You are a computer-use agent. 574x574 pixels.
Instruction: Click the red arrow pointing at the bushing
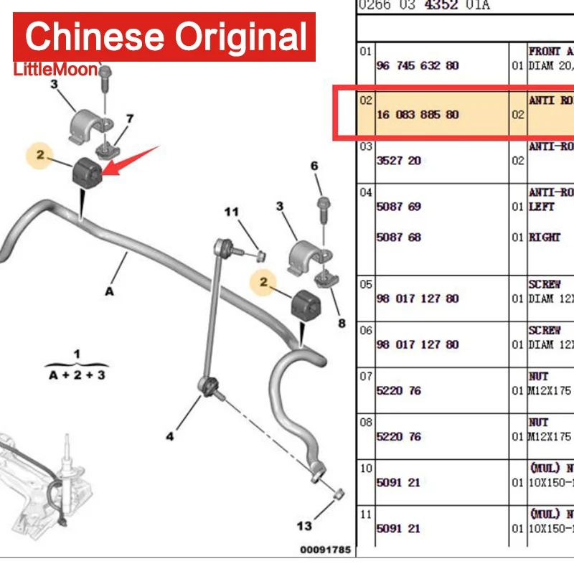133,159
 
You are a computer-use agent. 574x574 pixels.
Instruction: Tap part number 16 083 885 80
418,115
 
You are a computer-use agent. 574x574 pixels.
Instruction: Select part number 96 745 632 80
418,65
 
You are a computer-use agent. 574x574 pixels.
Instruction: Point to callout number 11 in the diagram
230,212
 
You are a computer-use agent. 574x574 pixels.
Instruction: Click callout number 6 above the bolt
314,166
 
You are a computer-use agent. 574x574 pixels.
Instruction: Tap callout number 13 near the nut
305,526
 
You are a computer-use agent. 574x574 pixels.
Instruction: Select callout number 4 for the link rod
170,436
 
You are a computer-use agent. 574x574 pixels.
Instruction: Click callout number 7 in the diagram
130,118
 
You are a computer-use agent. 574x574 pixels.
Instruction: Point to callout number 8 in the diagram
342,324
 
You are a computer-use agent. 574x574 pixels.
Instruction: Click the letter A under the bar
109,292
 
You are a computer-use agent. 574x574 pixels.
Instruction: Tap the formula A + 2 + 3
77,375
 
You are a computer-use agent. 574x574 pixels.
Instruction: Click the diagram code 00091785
325,550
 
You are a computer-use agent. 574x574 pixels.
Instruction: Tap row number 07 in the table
366,375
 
